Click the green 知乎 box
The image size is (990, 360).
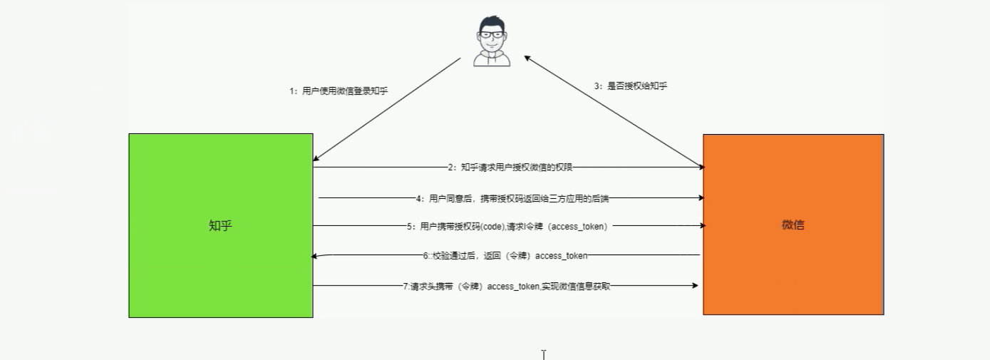(x=220, y=225)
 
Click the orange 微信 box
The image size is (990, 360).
(x=793, y=225)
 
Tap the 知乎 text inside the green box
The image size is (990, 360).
(x=220, y=225)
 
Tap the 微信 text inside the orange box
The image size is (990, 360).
(x=793, y=225)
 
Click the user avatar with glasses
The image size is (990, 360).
(x=492, y=41)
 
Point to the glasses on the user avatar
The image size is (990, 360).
(x=492, y=34)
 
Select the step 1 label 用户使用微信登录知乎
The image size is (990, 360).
(x=339, y=91)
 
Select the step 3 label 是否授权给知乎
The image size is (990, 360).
(x=631, y=86)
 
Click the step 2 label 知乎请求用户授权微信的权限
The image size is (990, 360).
(x=510, y=168)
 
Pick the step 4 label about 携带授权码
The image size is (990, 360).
(x=512, y=199)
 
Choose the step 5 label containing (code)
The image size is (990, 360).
(x=507, y=227)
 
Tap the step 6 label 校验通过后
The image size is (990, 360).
(x=505, y=256)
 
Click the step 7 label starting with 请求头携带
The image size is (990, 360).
(x=507, y=286)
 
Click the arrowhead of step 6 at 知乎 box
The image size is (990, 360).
(x=314, y=256)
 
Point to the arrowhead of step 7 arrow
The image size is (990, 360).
(x=695, y=286)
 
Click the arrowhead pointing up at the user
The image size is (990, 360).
(x=527, y=58)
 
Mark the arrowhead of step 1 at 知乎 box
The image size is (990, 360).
(x=316, y=158)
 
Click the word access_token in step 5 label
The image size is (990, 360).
(x=579, y=227)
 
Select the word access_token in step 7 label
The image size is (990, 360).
(x=513, y=287)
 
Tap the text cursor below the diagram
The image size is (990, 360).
(x=544, y=354)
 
